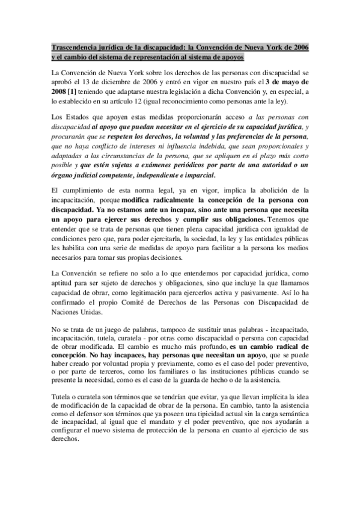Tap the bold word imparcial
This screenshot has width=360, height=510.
(x=197, y=175)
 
